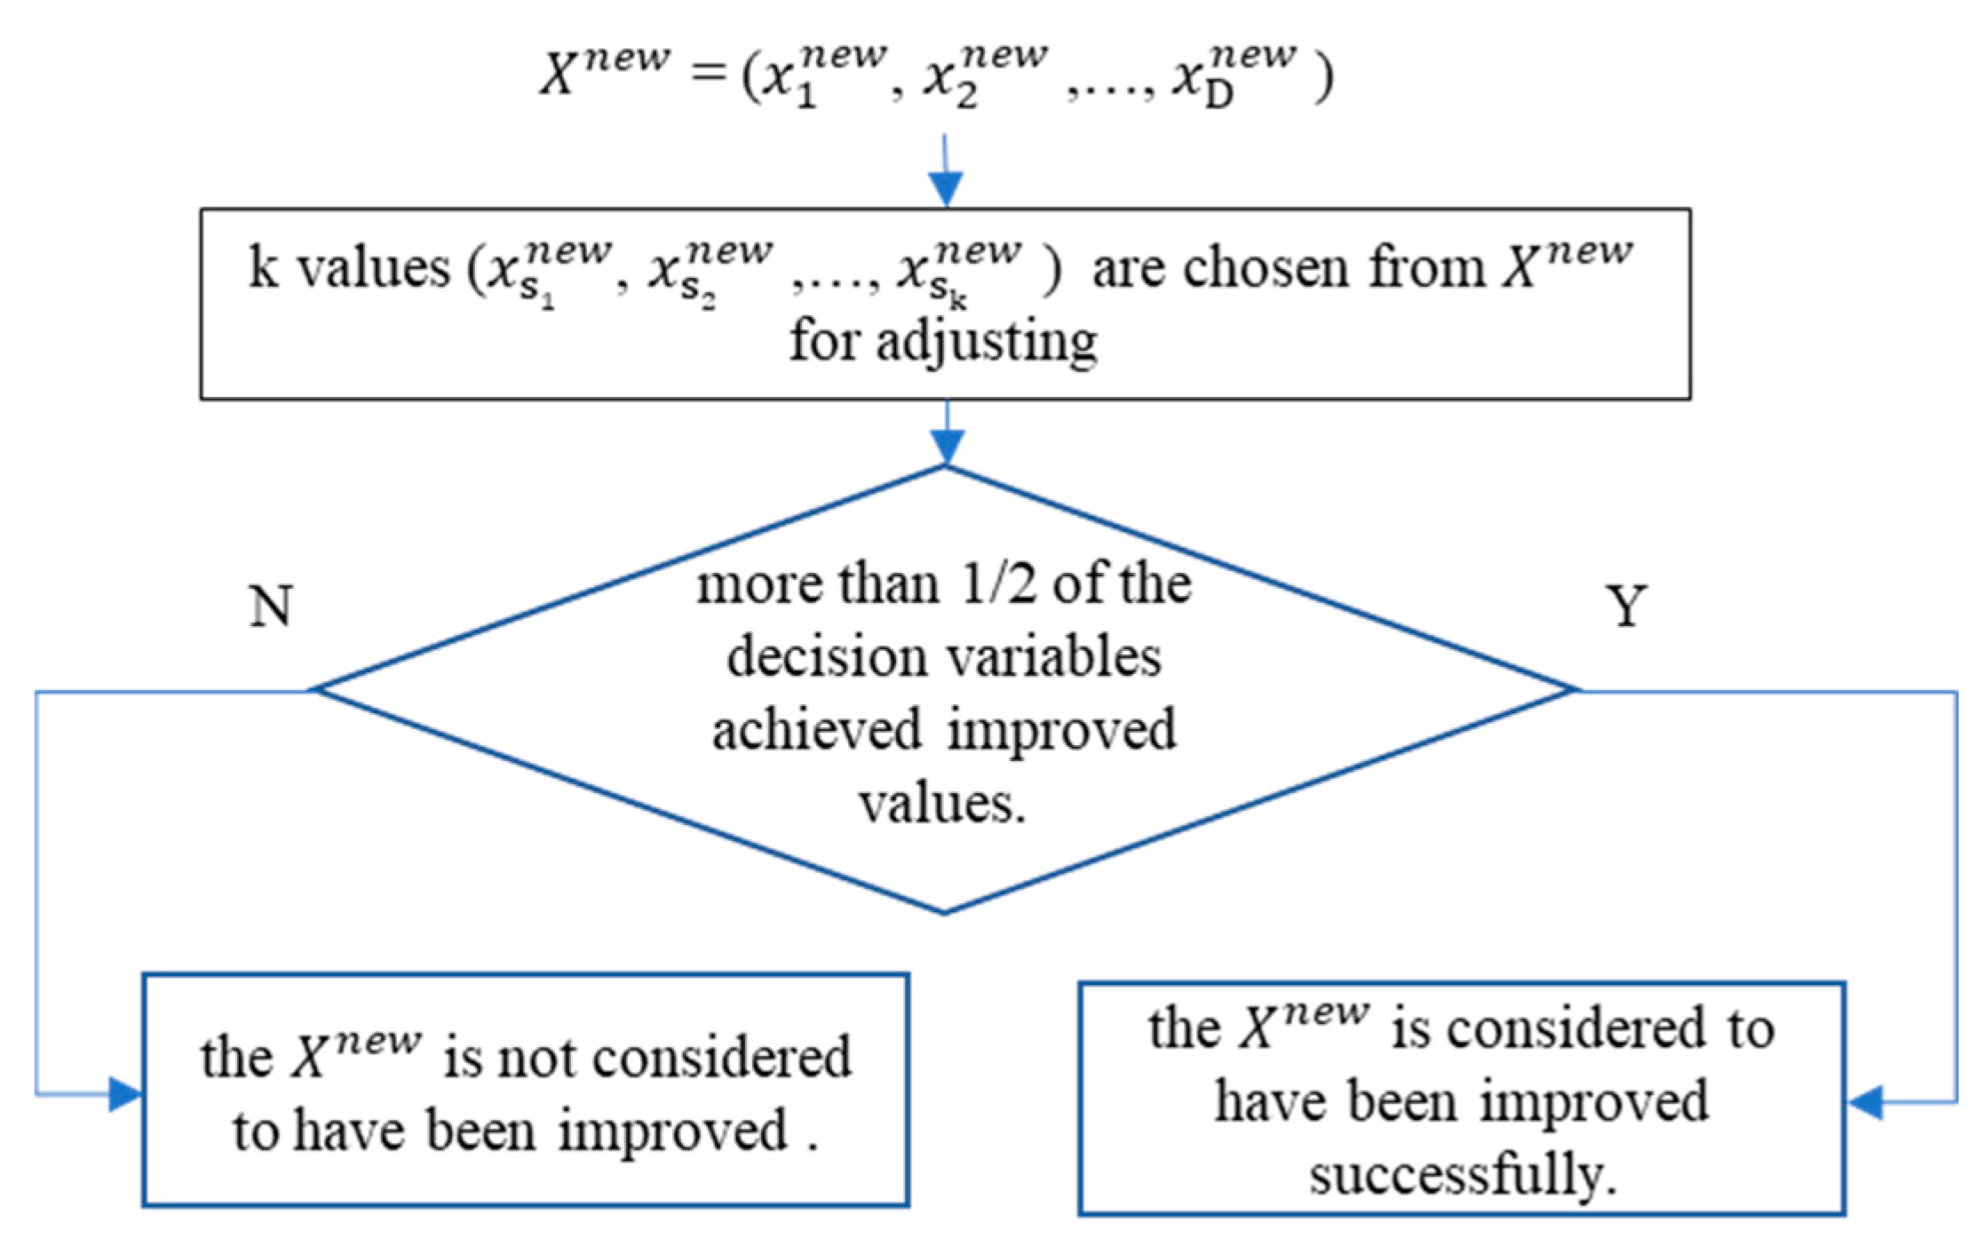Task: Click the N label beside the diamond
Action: (271, 607)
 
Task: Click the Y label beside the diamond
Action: (1626, 607)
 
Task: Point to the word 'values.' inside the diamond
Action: (942, 804)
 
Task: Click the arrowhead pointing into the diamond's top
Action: (947, 447)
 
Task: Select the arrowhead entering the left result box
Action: (124, 1094)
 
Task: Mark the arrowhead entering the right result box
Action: (1865, 1102)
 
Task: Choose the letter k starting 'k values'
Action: (263, 266)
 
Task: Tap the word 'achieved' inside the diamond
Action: (817, 731)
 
